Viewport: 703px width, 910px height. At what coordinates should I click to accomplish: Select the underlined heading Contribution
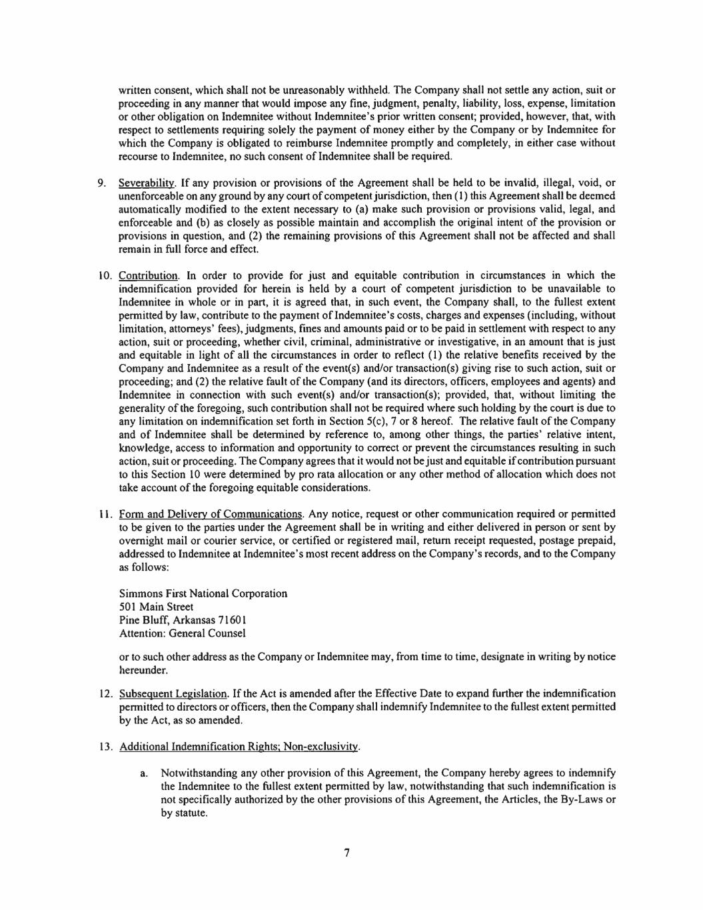tap(148, 275)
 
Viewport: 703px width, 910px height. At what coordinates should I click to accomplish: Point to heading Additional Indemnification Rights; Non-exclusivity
tap(239, 747)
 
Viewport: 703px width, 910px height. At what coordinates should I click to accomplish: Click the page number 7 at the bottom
tap(347, 853)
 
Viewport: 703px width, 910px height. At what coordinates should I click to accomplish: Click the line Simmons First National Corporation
tap(203, 593)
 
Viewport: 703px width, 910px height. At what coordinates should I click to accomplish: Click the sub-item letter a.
tap(143, 773)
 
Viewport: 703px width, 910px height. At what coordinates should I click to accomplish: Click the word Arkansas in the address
tap(195, 620)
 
